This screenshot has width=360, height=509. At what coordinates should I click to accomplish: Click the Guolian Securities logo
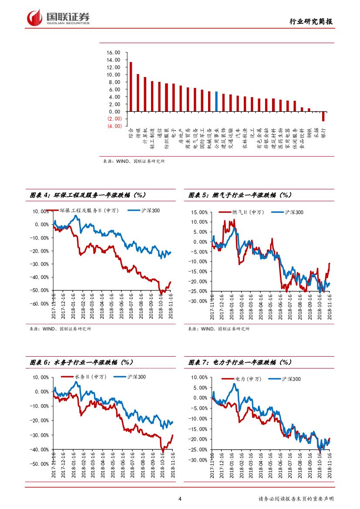tap(58, 17)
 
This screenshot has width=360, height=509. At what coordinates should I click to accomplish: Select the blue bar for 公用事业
tap(216, 101)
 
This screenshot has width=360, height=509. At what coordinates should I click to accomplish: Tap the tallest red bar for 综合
tap(131, 87)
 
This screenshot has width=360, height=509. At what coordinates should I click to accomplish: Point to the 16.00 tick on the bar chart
tap(114, 52)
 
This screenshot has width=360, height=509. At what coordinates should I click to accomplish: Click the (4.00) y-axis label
tap(114, 126)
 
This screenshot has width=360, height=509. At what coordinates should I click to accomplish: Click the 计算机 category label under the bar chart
tap(145, 135)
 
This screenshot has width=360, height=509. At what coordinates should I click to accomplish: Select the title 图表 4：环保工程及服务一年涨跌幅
tap(87, 195)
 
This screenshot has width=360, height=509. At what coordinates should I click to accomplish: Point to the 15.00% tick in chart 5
tap(199, 212)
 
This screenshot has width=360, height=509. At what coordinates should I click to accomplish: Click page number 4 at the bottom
tap(180, 499)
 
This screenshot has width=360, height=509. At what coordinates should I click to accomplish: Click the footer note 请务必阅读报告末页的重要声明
tap(296, 499)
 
